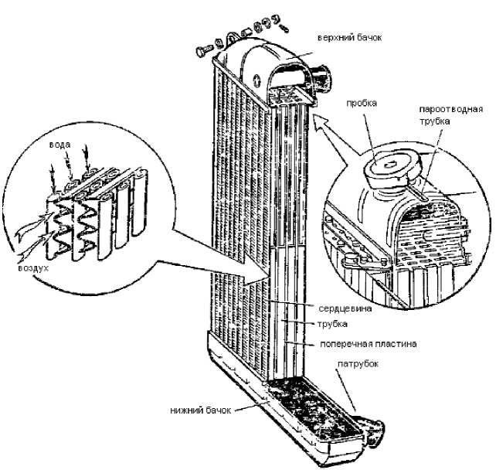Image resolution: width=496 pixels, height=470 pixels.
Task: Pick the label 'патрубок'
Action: coord(358,363)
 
